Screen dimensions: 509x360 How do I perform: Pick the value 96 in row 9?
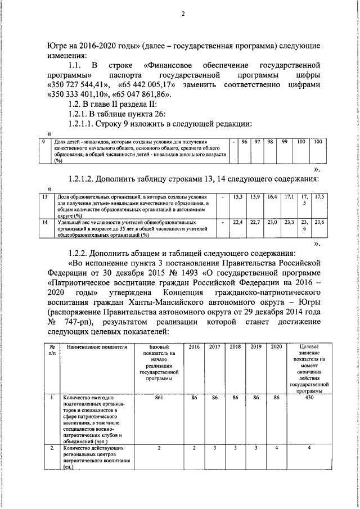[x=245, y=142]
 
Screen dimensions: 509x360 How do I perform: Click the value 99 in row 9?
[x=285, y=142]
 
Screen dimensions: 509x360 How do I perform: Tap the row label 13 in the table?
[x=46, y=197]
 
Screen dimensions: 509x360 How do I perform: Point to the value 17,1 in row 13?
[x=289, y=197]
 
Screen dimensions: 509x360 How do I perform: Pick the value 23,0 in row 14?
[x=272, y=223]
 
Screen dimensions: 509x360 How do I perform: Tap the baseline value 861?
[x=159, y=397]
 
